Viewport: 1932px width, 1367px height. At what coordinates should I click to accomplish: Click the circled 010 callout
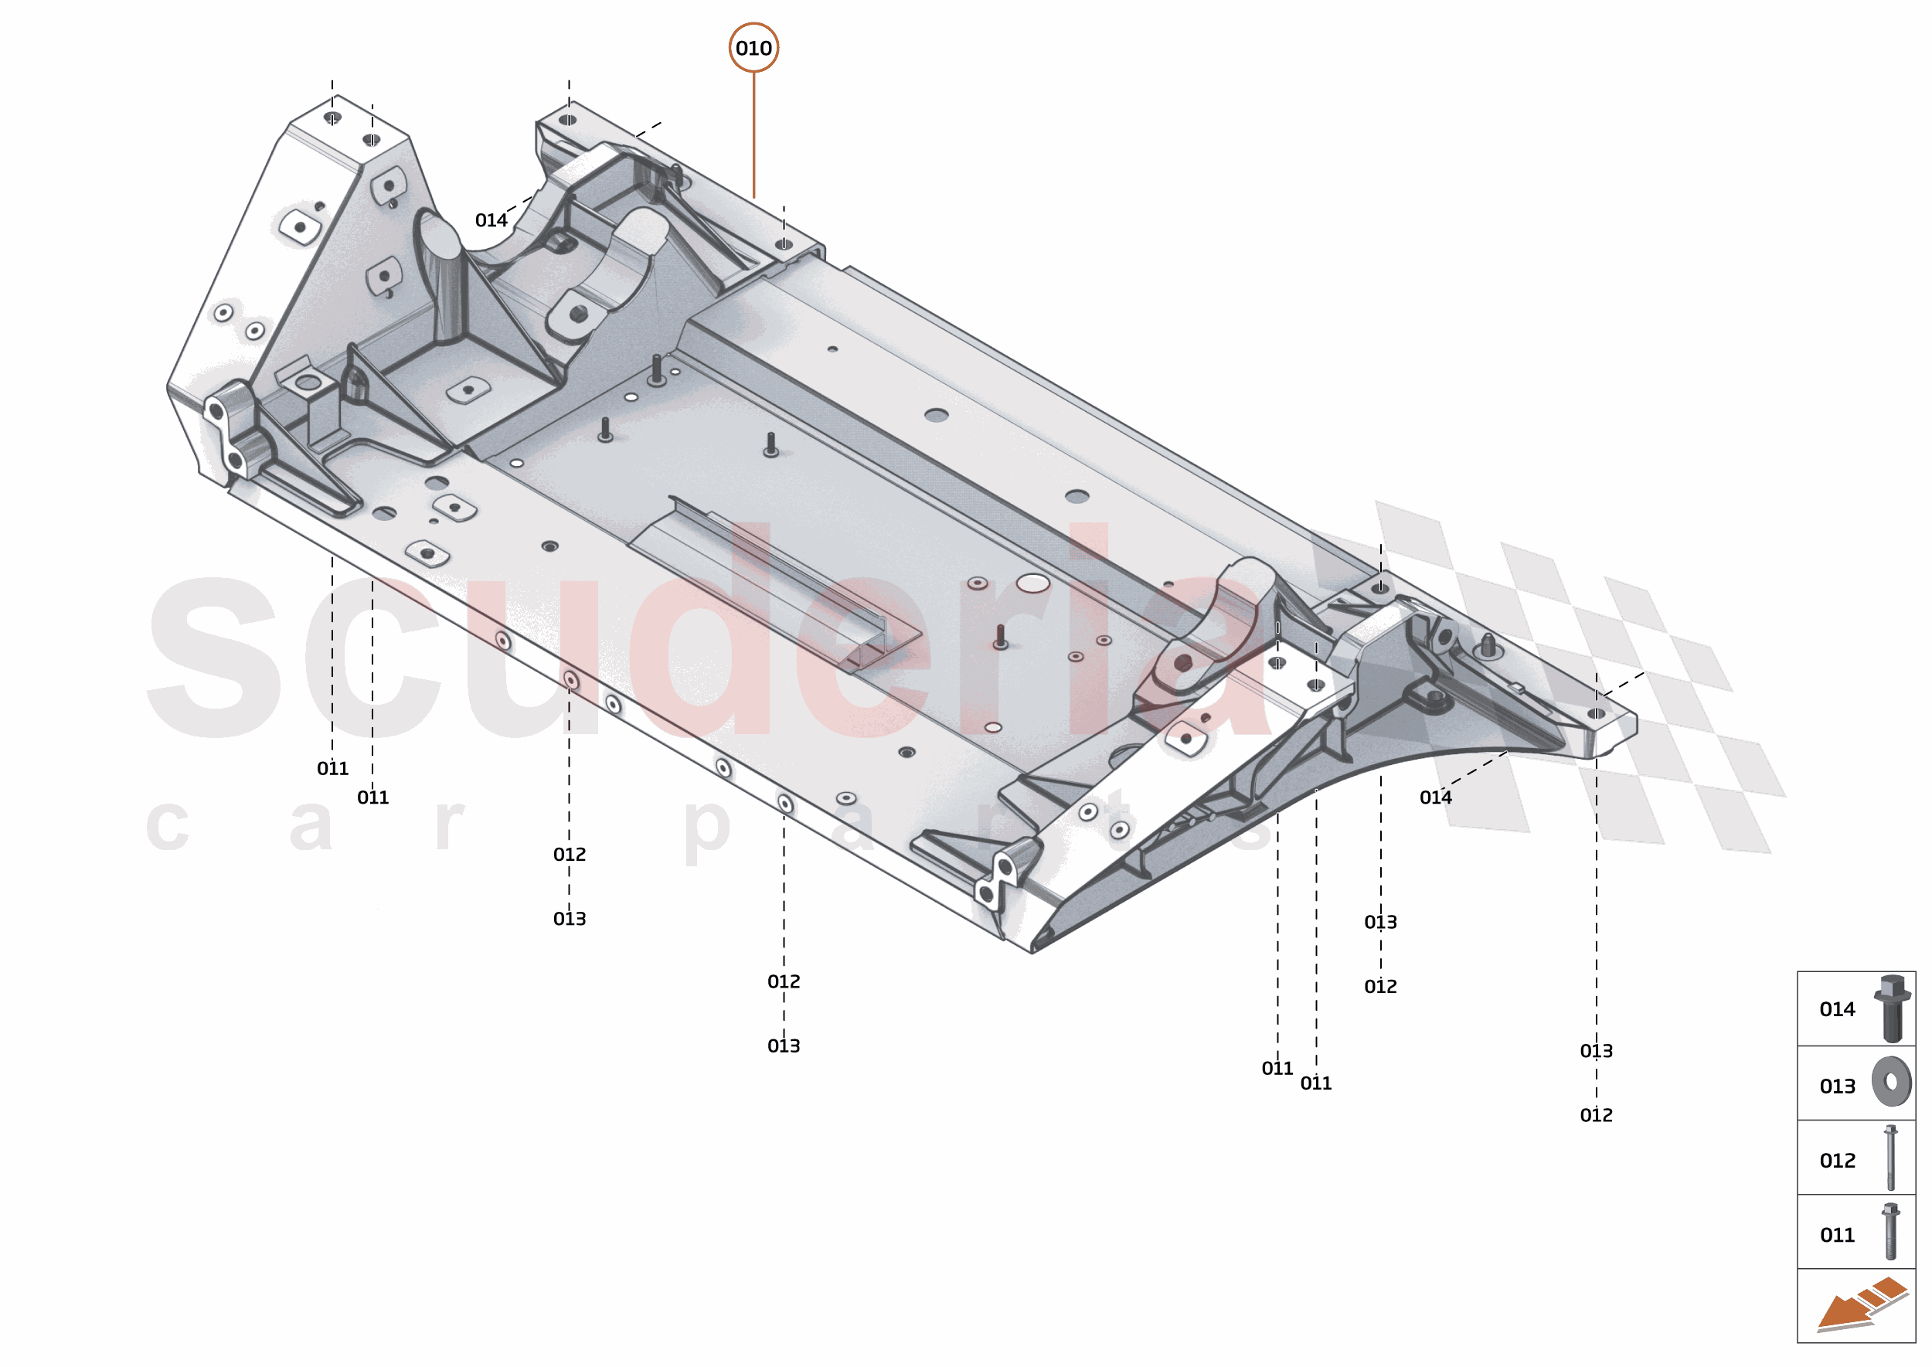point(753,48)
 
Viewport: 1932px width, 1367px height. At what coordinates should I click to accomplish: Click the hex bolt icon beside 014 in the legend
point(1892,1008)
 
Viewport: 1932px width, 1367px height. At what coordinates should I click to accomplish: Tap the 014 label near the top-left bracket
point(491,220)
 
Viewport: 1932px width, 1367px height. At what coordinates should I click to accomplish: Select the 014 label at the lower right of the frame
point(1434,797)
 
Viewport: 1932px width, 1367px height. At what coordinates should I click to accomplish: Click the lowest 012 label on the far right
point(1595,1115)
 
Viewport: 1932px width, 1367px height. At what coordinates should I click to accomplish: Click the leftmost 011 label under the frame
point(332,769)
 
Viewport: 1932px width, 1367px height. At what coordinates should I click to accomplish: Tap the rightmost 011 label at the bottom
point(1315,1083)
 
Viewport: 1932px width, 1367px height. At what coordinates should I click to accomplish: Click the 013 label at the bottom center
point(783,1046)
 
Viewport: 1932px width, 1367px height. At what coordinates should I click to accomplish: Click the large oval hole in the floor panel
point(1032,583)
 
